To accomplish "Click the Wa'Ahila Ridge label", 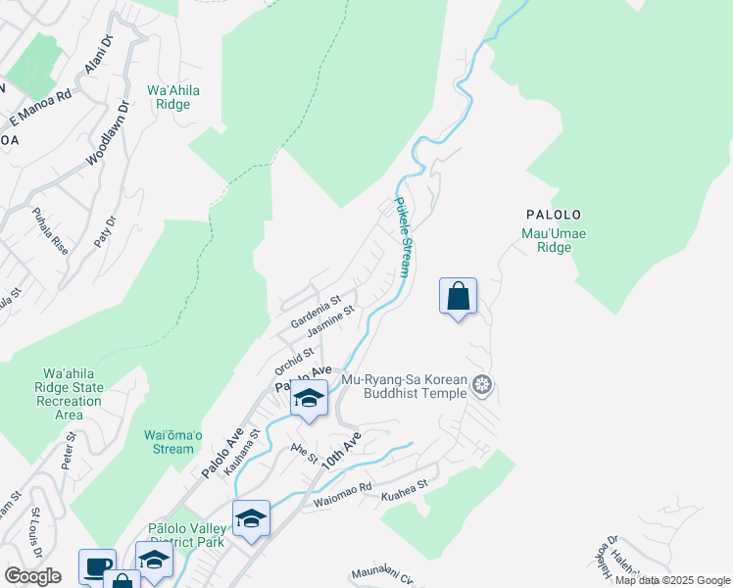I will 173,97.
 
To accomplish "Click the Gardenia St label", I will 315,313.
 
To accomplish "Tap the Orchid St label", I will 294,359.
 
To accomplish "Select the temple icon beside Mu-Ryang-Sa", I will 481,383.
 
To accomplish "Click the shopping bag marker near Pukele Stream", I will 458,296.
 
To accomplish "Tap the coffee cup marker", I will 97,566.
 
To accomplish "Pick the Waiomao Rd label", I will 343,495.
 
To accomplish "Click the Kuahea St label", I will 411,484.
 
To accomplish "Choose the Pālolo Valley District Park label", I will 185,535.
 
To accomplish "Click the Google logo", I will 32,576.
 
